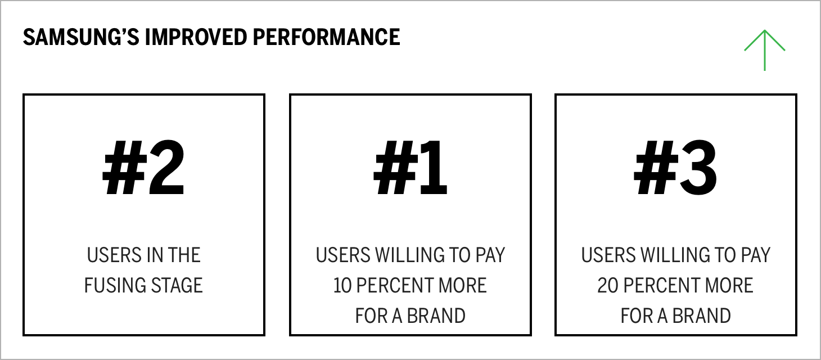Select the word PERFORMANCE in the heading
click(x=326, y=37)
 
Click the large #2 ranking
click(x=143, y=169)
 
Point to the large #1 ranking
click(x=410, y=169)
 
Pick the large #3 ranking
click(x=675, y=169)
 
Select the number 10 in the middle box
click(x=343, y=285)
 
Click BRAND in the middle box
click(x=436, y=316)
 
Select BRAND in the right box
click(x=702, y=316)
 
